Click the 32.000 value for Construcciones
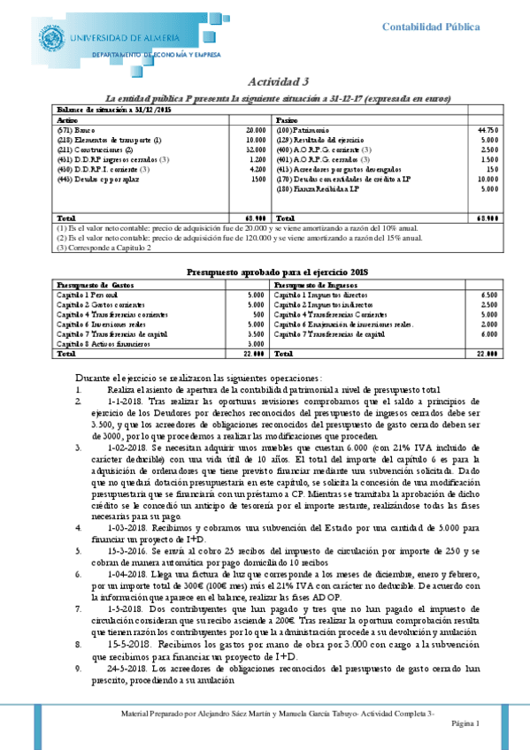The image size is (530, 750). (x=255, y=149)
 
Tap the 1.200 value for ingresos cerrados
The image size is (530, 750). (x=257, y=159)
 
